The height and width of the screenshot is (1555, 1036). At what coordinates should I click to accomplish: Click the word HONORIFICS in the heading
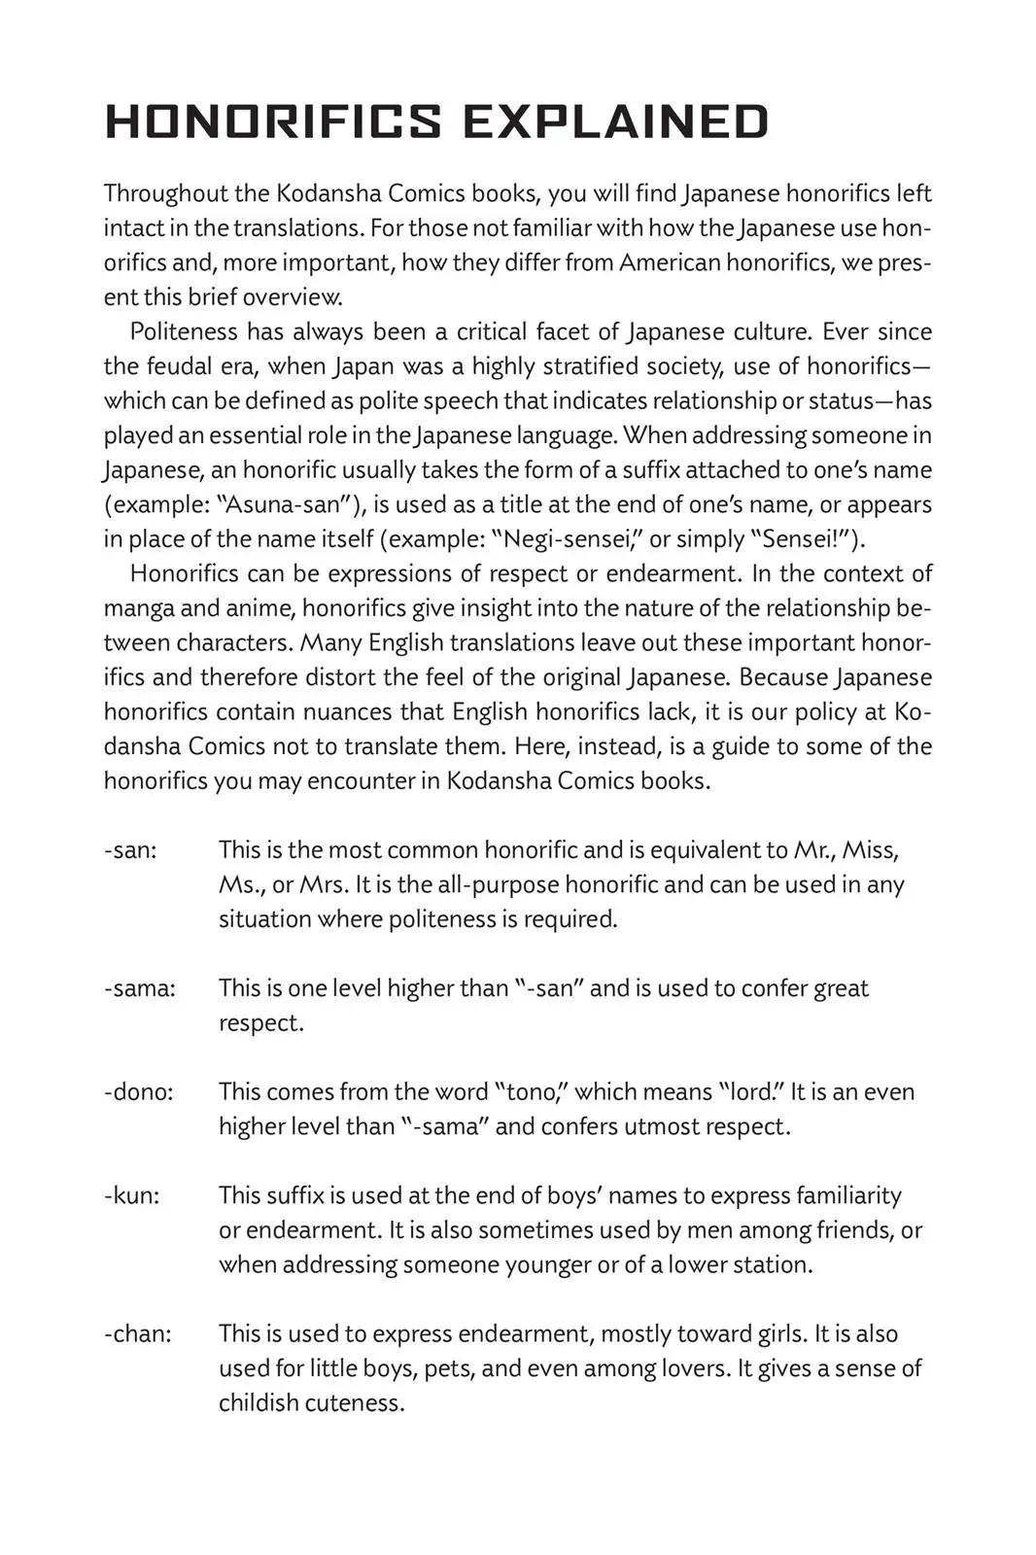point(273,122)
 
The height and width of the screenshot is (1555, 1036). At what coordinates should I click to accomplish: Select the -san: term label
point(130,850)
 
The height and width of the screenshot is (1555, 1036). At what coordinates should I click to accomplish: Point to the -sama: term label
point(140,988)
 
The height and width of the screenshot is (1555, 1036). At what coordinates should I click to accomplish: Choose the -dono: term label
point(139,1092)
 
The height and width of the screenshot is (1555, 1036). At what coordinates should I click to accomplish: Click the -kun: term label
point(131,1196)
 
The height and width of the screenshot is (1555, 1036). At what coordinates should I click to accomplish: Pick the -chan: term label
point(137,1334)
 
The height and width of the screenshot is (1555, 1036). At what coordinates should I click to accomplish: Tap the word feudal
point(184,366)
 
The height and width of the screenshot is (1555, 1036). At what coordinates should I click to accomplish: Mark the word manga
point(135,609)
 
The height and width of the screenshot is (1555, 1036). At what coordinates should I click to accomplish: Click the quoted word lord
point(753,1092)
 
